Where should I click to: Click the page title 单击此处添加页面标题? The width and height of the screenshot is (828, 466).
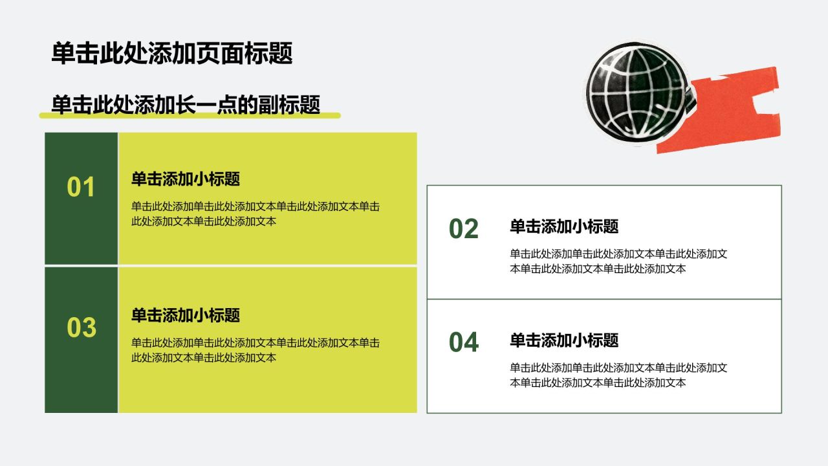(172, 53)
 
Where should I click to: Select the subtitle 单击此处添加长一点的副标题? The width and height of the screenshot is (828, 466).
(186, 104)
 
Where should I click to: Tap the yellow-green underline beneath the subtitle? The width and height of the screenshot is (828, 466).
(190, 115)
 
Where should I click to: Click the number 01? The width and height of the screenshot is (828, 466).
(81, 187)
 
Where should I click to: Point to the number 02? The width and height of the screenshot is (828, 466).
(464, 228)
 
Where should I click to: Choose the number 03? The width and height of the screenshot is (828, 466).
(82, 327)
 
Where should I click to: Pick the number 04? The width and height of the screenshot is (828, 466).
(464, 342)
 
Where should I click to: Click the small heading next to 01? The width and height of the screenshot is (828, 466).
(186, 179)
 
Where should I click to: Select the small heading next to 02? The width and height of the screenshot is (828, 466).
(564, 227)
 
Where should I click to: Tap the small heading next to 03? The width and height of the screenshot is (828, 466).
(186, 315)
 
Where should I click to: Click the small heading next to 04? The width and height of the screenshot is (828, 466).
(564, 340)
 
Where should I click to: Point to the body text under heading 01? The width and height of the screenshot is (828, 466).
(256, 214)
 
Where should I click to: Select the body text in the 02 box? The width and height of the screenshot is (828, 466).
(618, 261)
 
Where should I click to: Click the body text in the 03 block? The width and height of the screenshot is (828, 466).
(256, 350)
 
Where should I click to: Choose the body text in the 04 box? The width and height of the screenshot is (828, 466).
(618, 375)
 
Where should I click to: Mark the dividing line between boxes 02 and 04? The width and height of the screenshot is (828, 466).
(604, 299)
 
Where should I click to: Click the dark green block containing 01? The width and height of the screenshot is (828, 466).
(82, 198)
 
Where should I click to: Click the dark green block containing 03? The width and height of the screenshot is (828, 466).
(82, 340)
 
